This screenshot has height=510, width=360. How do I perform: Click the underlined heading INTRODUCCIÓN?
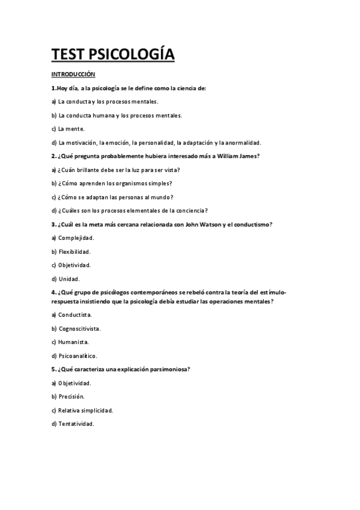coord(74,75)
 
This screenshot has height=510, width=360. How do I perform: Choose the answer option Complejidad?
coord(77,238)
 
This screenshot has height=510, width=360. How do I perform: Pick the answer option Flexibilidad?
coord(75,252)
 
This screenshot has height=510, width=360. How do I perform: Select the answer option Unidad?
coord(69,279)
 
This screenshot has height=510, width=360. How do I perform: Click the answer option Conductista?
coord(76,315)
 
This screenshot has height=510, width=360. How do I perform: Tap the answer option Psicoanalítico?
coord(78,355)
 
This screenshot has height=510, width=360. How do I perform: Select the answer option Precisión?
coord(72,396)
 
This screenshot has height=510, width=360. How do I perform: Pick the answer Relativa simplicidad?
coord(85,410)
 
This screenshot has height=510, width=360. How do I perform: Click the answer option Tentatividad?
coord(76,423)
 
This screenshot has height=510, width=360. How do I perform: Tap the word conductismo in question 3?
coord(254,224)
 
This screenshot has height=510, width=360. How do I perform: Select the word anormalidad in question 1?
coord(242,143)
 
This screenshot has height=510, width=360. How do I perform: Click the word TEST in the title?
coord(68,55)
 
